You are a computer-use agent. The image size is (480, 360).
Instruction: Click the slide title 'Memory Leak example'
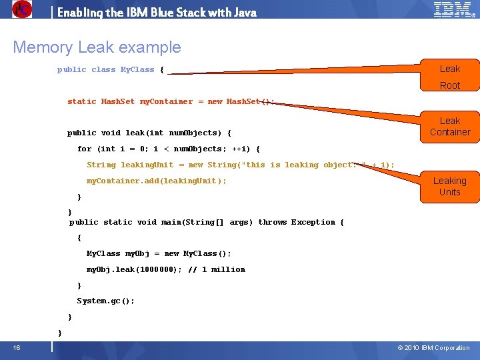(97, 47)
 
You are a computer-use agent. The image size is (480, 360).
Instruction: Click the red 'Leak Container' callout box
(449, 127)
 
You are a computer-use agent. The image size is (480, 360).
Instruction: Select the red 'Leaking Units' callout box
(449, 186)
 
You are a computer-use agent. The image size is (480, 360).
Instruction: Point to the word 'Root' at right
(450, 85)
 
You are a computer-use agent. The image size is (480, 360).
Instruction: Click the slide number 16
(16, 347)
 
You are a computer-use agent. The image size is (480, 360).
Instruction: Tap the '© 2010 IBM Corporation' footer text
(433, 348)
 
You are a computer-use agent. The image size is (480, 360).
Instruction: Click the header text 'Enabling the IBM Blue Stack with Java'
(157, 12)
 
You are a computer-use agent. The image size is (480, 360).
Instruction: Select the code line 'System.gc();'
(106, 301)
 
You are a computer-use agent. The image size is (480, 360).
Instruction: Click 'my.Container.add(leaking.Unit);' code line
(157, 181)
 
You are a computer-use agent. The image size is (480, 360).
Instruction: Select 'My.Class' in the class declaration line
(137, 69)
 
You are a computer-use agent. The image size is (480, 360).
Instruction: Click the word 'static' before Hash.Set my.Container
(82, 101)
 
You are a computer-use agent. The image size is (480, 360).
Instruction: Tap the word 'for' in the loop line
(85, 149)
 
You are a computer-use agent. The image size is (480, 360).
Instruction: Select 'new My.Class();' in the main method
(198, 253)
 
